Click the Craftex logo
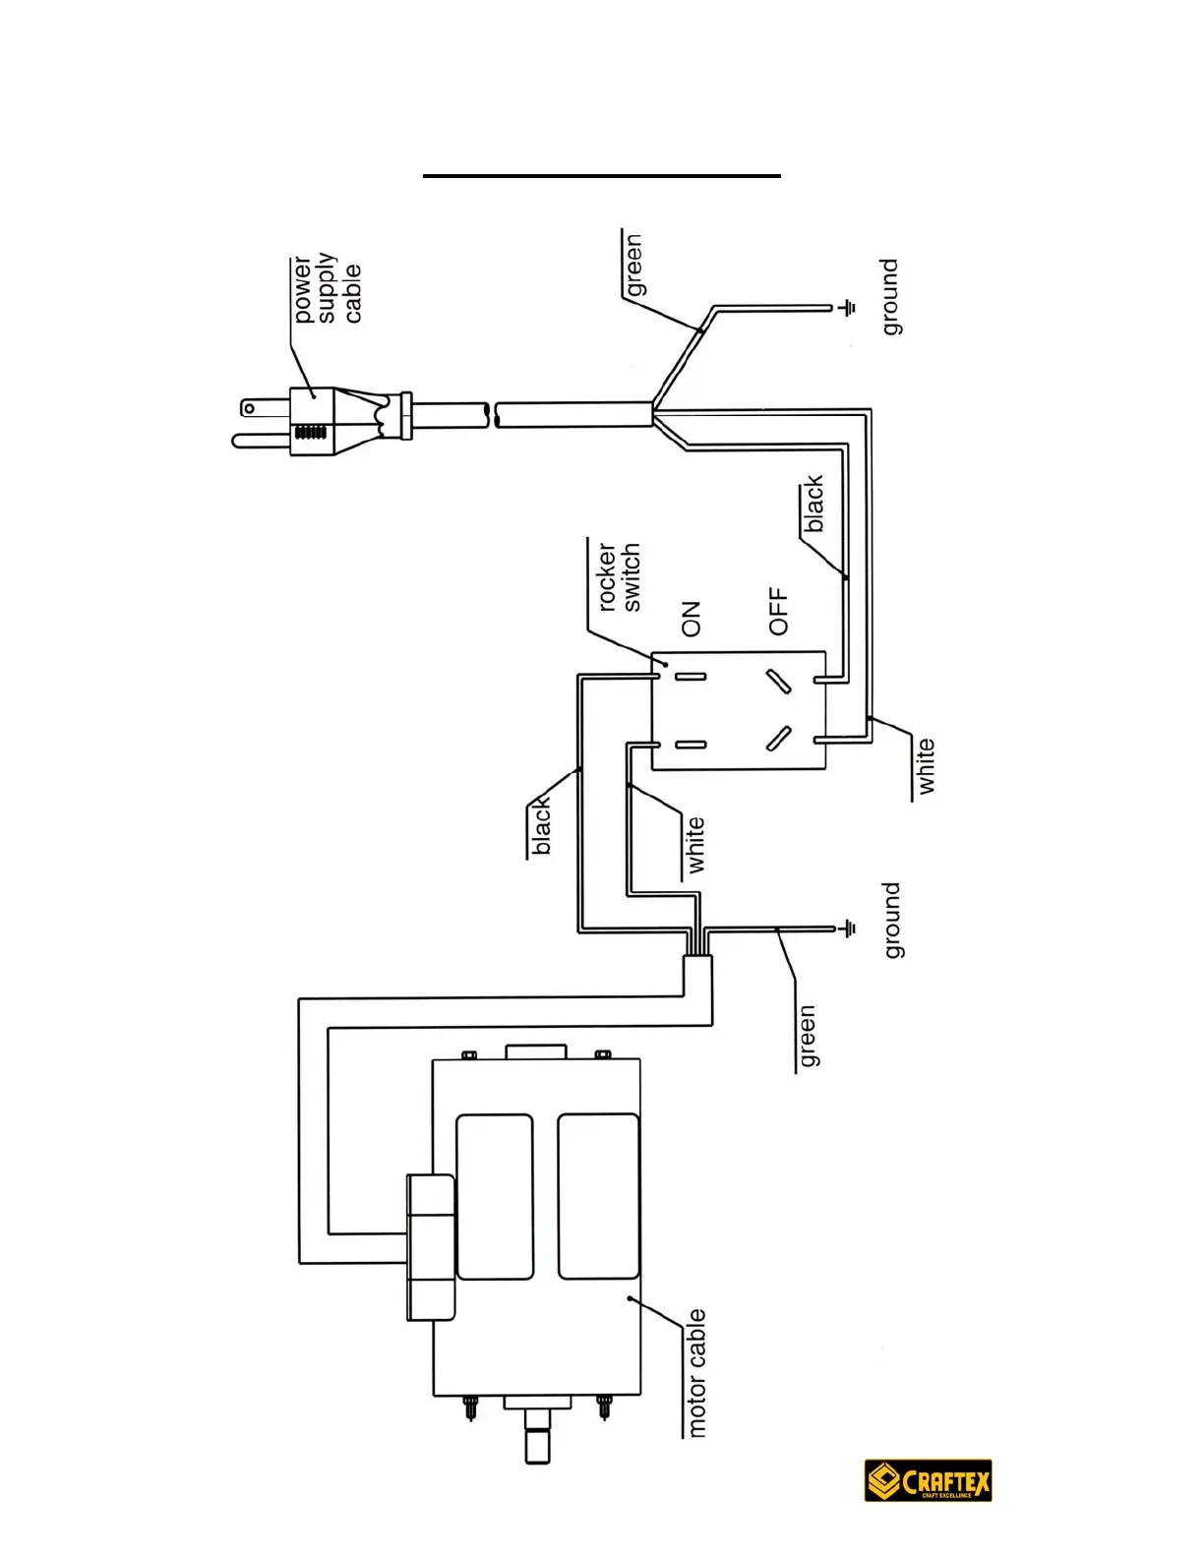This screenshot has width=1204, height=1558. pyautogui.click(x=928, y=1480)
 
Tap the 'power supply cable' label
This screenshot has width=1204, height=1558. pyautogui.click(x=327, y=289)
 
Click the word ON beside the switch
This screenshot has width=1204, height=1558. pyautogui.click(x=692, y=619)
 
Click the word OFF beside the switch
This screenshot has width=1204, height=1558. pyautogui.click(x=779, y=611)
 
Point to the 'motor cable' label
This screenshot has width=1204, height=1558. pyautogui.click(x=696, y=1373)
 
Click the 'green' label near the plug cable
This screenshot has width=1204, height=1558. pyautogui.click(x=633, y=265)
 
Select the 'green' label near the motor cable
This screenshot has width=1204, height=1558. pyautogui.click(x=807, y=1036)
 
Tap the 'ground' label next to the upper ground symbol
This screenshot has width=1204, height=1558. pyautogui.click(x=890, y=297)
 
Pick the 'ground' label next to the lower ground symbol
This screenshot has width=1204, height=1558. pyautogui.click(x=891, y=920)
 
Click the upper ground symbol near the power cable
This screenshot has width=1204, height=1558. pyautogui.click(x=847, y=308)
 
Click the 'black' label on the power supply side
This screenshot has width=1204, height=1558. pyautogui.click(x=813, y=504)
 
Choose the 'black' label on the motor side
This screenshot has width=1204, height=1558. pyautogui.click(x=541, y=826)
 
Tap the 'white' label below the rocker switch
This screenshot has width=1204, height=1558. pyautogui.click(x=926, y=766)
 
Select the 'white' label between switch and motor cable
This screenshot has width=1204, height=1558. pyautogui.click(x=695, y=844)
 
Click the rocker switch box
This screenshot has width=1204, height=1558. pyautogui.click(x=738, y=709)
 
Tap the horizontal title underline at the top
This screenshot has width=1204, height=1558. pyautogui.click(x=602, y=175)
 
